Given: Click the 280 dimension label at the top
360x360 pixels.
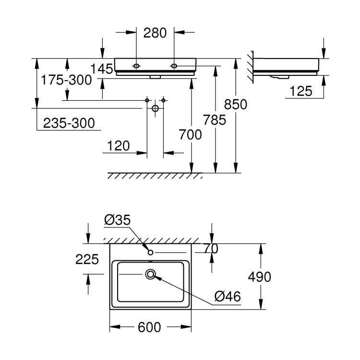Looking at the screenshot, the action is [x=155, y=33].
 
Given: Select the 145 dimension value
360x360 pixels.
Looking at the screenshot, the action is [x=102, y=69].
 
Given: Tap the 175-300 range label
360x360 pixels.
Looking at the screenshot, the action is [x=66, y=80].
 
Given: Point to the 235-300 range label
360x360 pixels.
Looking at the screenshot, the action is [x=69, y=123].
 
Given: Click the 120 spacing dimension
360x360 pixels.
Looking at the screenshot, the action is [x=119, y=146].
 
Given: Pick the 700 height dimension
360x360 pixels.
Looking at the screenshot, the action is [x=191, y=134].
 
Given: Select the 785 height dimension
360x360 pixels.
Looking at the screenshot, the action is [x=215, y=120].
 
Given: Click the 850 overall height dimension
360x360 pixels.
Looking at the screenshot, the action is [x=236, y=104].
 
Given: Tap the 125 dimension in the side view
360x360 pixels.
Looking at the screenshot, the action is [x=301, y=91].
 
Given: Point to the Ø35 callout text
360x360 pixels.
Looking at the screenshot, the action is [x=117, y=220].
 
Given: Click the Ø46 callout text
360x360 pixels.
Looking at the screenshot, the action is [x=228, y=296].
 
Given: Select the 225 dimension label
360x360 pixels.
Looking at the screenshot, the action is [x=87, y=259].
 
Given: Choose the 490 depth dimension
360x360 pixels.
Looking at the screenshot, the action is [x=259, y=276].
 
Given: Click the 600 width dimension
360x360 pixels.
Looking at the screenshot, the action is [x=149, y=327].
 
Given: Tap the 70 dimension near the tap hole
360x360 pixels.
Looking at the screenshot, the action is [x=211, y=249].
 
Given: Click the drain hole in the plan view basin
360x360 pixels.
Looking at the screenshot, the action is [x=151, y=274].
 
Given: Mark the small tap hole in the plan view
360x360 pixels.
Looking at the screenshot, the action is [x=151, y=252].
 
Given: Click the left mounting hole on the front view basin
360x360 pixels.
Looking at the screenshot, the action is [x=136, y=66].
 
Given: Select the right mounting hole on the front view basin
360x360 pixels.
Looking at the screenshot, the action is [x=174, y=66].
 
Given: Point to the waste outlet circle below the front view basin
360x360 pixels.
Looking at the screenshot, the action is [x=156, y=108].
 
